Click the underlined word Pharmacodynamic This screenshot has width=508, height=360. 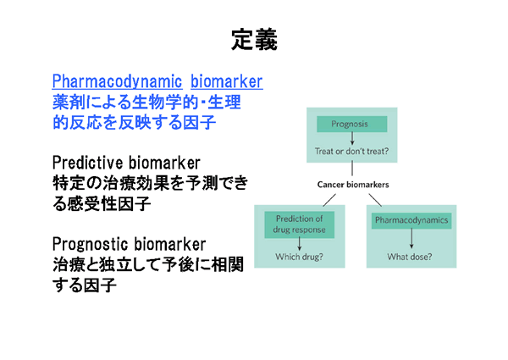pos(118,81)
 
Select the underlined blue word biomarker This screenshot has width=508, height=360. pos(226,81)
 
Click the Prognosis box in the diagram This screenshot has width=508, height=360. pos(349,124)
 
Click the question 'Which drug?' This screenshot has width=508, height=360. pos(300,257)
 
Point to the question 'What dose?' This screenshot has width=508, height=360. pos(411,257)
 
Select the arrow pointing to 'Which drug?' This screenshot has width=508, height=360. pos(300,243)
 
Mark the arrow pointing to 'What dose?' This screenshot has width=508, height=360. pos(411,240)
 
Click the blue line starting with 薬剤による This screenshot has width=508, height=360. pos(146,102)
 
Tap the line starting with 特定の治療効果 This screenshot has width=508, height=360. pos(151,183)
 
